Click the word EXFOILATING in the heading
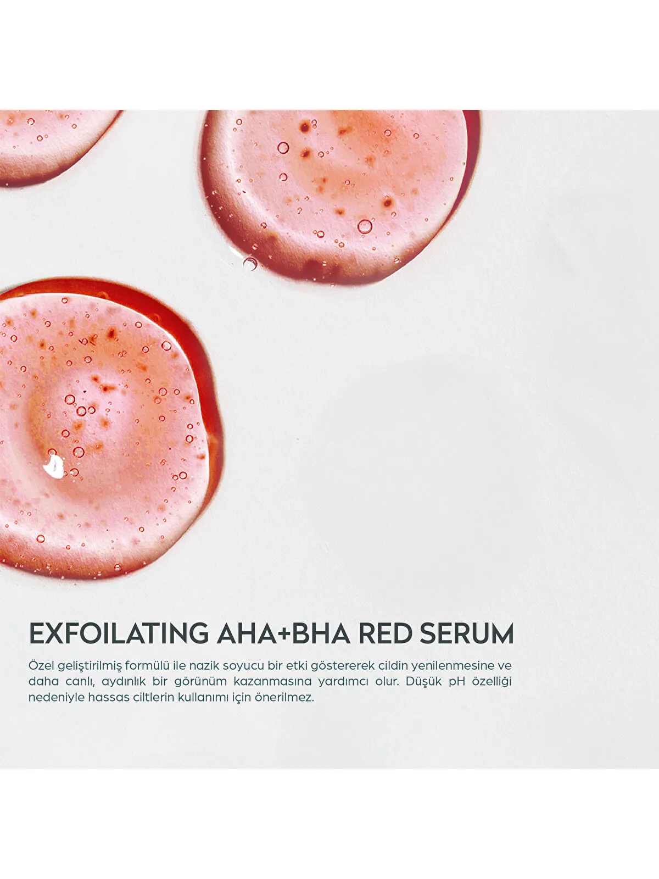tap(119, 633)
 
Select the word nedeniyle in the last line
tap(57, 697)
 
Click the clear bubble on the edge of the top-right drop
tap(250, 263)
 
